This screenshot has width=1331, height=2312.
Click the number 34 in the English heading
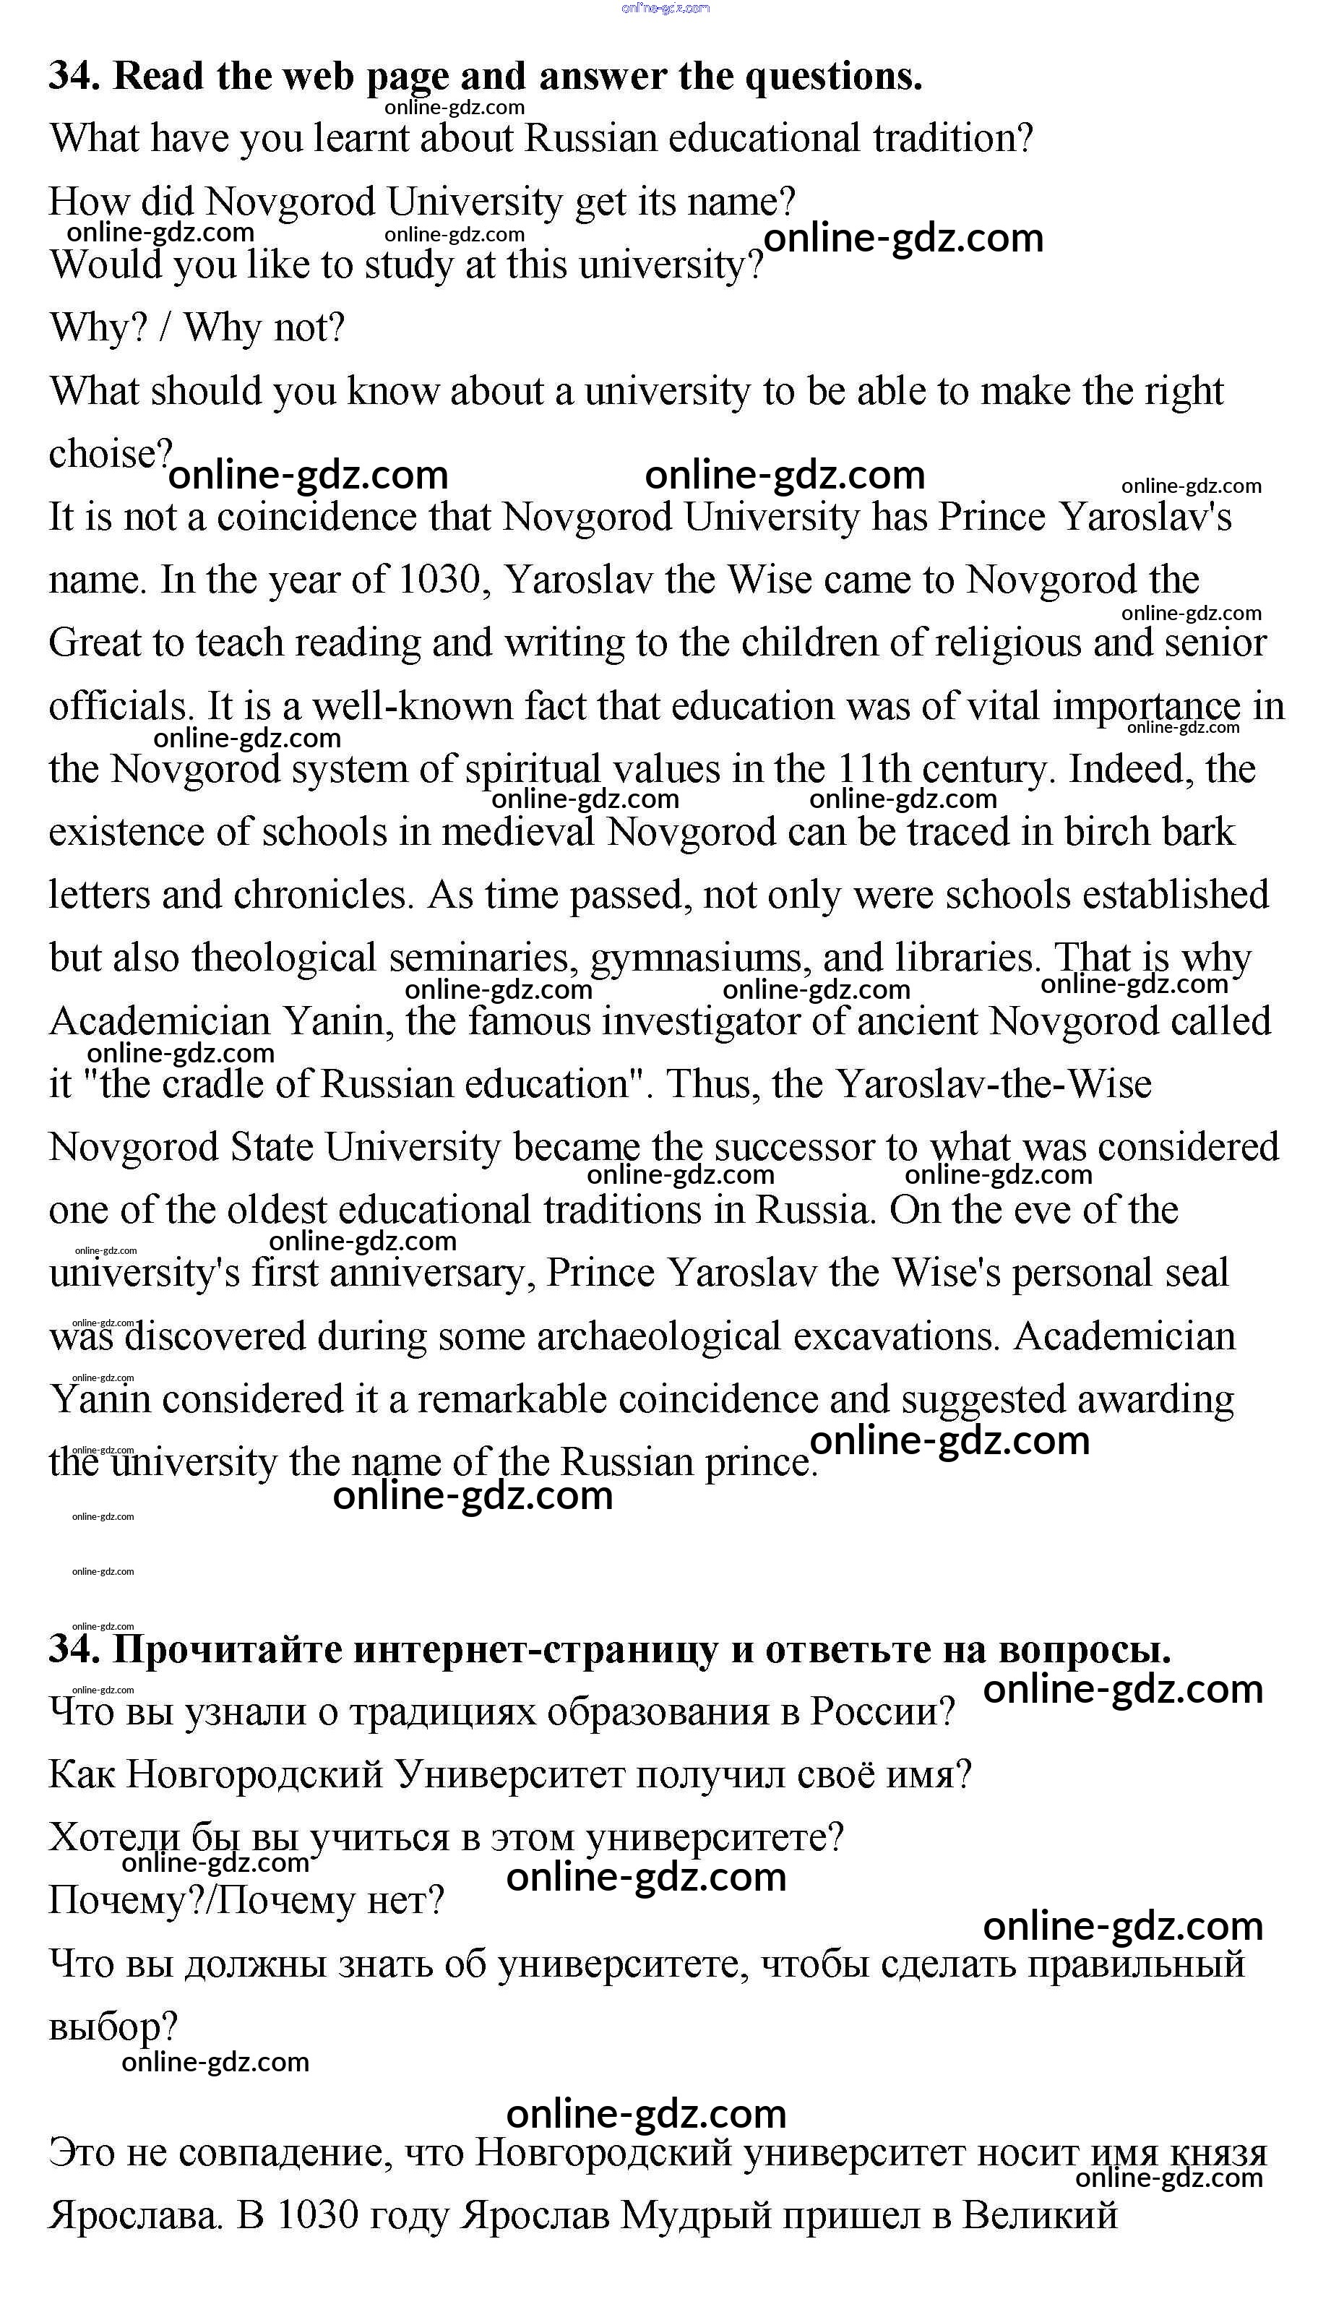pos(72,76)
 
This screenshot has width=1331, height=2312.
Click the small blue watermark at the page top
pos(665,8)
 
